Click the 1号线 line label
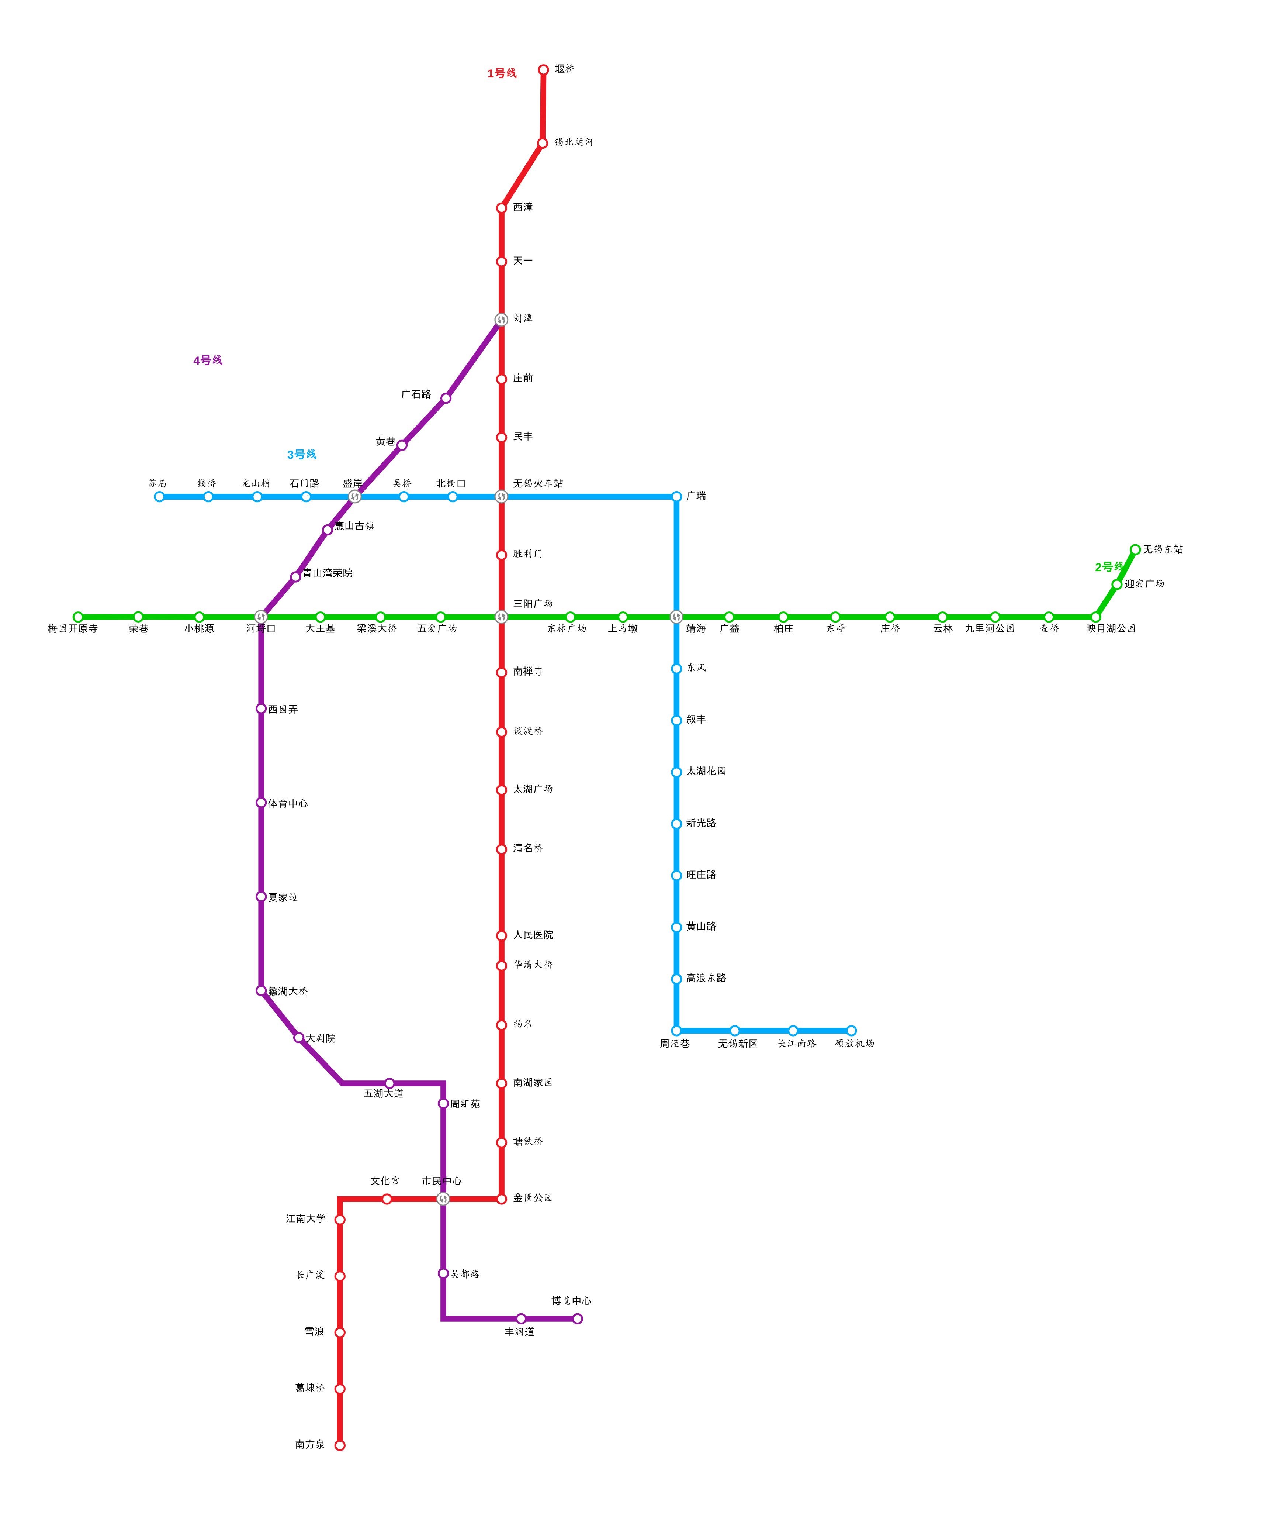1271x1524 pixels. (x=501, y=73)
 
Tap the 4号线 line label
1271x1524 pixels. (x=208, y=361)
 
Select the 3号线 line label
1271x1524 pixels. (x=302, y=455)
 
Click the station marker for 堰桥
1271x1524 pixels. (x=543, y=70)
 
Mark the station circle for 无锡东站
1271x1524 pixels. (x=1135, y=549)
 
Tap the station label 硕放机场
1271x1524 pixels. (x=855, y=1044)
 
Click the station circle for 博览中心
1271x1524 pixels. (x=578, y=1318)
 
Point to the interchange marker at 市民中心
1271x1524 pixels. (x=443, y=1199)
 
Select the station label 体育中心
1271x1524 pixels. (x=288, y=803)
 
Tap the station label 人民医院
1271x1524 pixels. (x=533, y=935)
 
